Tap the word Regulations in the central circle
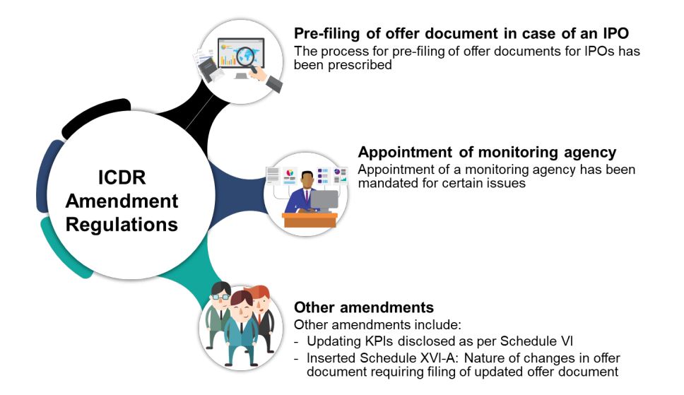click(122, 225)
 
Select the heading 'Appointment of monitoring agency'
click(487, 153)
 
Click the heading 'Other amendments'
click(363, 308)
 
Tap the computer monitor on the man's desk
click(324, 200)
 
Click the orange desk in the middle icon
click(309, 220)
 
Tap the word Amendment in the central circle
click(122, 201)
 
